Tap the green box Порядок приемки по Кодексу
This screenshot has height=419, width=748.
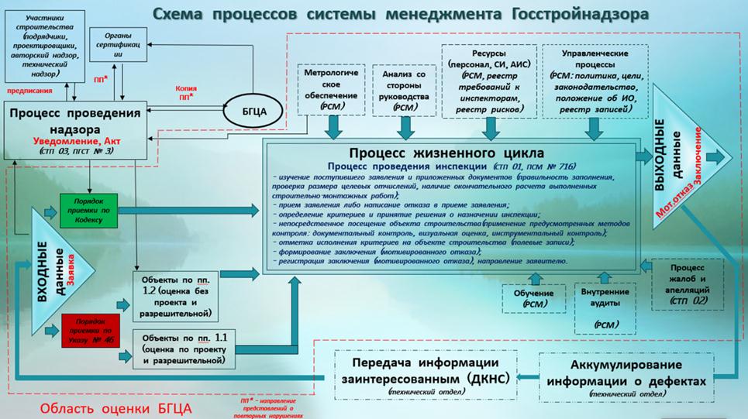point(90,209)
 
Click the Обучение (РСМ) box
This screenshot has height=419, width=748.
point(534,298)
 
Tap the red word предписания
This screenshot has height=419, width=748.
point(29,90)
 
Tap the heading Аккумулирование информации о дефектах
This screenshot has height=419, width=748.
point(626,371)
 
